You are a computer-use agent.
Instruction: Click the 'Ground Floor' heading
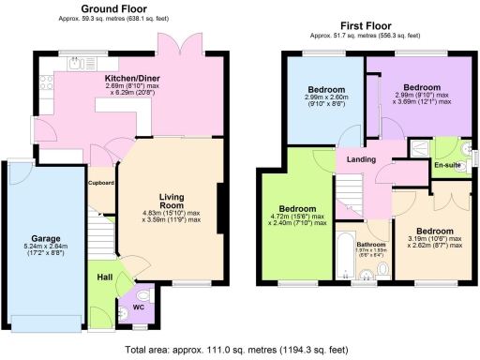(x=119, y=10)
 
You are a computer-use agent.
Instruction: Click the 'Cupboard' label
(x=101, y=183)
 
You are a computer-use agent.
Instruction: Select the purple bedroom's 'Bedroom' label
(x=421, y=89)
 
